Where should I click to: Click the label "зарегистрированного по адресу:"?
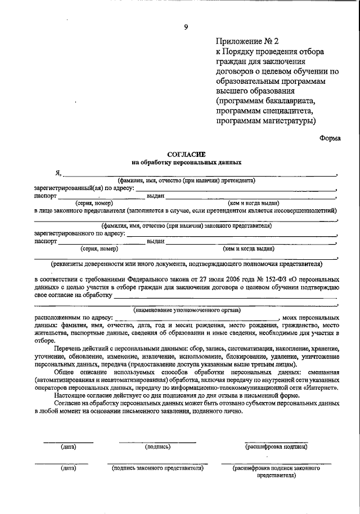79,233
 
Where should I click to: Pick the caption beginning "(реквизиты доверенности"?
186,263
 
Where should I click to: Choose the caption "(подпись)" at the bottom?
157,447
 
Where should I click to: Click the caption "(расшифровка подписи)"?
276,447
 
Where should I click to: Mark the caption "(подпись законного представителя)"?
157,468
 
